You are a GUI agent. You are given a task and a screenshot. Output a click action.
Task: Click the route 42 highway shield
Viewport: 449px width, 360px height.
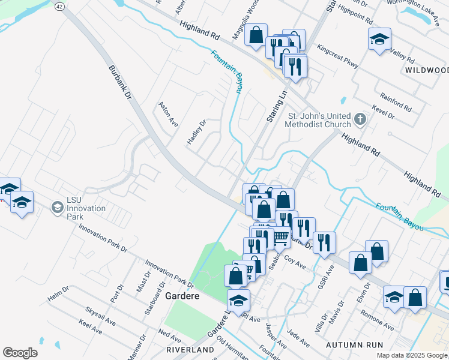click(59, 5)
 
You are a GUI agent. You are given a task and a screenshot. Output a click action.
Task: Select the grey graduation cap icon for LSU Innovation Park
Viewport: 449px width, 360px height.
click(57, 208)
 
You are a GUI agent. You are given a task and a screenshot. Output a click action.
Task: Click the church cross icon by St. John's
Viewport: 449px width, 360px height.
click(360, 119)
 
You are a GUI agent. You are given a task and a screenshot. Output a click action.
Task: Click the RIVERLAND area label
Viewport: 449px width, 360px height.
click(191, 349)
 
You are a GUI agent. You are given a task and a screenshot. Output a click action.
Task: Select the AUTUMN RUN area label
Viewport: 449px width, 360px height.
click(354, 345)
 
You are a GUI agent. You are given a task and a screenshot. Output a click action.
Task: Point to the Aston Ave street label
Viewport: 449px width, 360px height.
click(168, 113)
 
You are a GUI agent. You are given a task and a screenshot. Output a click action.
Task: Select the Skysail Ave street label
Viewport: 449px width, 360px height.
click(100, 314)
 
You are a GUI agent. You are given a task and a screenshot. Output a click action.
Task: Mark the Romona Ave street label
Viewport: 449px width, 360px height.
click(377, 320)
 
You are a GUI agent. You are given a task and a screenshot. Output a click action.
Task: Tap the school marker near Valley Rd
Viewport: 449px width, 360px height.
click(379, 39)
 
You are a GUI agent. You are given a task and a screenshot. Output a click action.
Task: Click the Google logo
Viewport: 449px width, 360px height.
click(20, 353)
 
